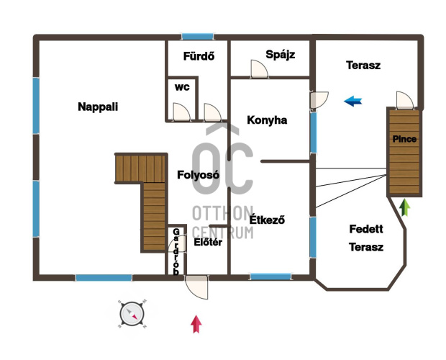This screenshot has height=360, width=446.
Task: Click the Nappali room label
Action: tap(98, 107)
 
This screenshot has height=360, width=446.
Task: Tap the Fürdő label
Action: tap(199, 56)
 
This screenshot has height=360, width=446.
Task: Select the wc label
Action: tap(182, 87)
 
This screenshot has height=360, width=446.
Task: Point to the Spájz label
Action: tap(280, 54)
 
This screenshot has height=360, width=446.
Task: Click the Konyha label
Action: tap(267, 120)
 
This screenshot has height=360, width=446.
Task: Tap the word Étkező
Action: tap(267, 220)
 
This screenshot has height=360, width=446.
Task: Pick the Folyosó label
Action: tap(199, 174)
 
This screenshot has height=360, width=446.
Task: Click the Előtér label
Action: tap(208, 242)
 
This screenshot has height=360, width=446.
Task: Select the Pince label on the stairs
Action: tap(404, 139)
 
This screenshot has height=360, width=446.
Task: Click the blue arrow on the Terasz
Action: tap(352, 101)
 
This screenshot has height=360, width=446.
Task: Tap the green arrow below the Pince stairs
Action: tap(405, 207)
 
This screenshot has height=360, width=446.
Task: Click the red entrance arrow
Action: tap(196, 324)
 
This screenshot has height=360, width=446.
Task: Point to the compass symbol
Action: tap(132, 314)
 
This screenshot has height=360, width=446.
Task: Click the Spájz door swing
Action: tap(259, 68)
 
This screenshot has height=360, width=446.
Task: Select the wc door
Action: tap(181, 112)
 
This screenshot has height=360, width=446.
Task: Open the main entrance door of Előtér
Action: tap(196, 287)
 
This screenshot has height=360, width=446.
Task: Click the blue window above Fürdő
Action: tap(197, 37)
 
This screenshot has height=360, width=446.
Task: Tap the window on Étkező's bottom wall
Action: tap(270, 276)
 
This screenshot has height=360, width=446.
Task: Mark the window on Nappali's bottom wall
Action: tap(104, 277)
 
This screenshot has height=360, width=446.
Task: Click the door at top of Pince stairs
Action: tap(405, 100)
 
